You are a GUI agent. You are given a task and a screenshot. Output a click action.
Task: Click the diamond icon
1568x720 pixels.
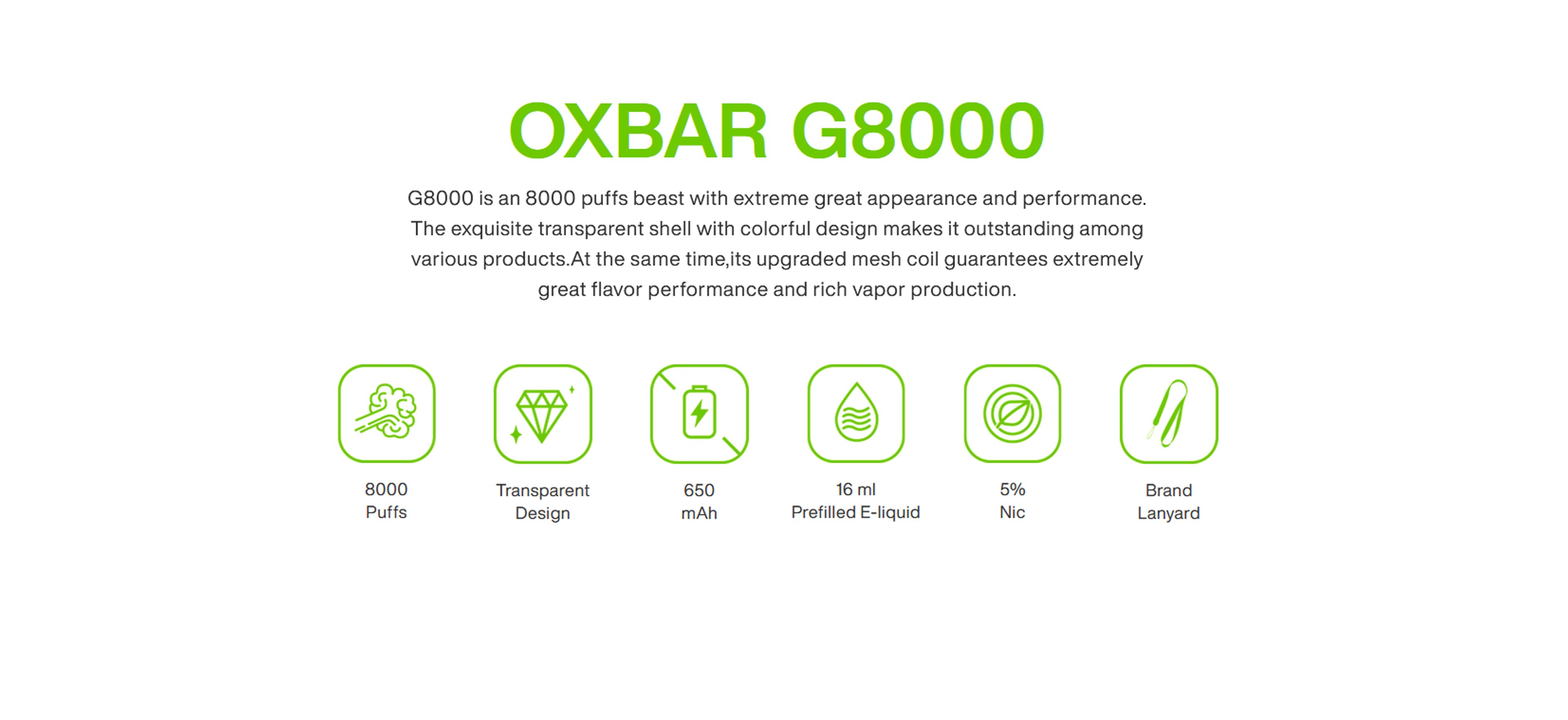pyautogui.click(x=542, y=413)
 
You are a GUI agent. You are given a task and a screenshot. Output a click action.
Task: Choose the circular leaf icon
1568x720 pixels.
pyautogui.click(x=1012, y=413)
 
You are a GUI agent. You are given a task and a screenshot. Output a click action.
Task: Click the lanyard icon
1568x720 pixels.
pyautogui.click(x=1169, y=413)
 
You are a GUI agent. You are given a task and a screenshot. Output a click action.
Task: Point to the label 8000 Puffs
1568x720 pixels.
pyautogui.click(x=386, y=500)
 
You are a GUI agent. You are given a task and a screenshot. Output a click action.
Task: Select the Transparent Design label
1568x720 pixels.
pyautogui.click(x=542, y=502)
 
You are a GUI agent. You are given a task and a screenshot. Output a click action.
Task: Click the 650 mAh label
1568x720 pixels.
pyautogui.click(x=699, y=502)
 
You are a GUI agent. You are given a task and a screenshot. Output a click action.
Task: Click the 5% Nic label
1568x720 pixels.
pyautogui.click(x=1012, y=500)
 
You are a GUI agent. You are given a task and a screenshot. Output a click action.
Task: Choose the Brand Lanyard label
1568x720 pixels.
pyautogui.click(x=1169, y=502)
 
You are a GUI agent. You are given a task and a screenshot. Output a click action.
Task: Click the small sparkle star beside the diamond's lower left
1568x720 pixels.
pyautogui.click(x=516, y=435)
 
